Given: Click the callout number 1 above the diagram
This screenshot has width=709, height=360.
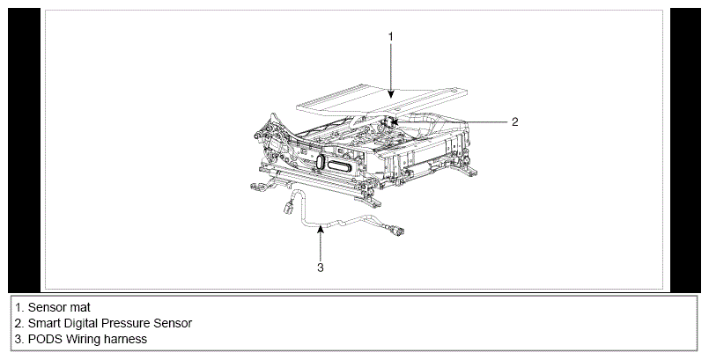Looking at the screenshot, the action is [391, 37].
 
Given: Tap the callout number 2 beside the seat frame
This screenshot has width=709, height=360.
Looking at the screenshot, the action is [514, 122].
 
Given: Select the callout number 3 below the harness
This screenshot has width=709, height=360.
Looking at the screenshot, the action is [320, 268].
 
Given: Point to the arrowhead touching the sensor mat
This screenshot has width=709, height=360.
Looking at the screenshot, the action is [391, 93].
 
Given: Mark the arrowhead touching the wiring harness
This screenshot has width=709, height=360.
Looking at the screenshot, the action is [320, 229].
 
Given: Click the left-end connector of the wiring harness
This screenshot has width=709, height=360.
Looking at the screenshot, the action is [289, 209].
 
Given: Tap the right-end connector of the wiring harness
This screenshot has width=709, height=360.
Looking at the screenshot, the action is [397, 231].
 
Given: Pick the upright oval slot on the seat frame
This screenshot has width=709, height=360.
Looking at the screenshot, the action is [321, 163].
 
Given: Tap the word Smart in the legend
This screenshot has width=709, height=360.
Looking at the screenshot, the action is [44, 323].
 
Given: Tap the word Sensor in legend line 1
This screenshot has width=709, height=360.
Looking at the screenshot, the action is [47, 307].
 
